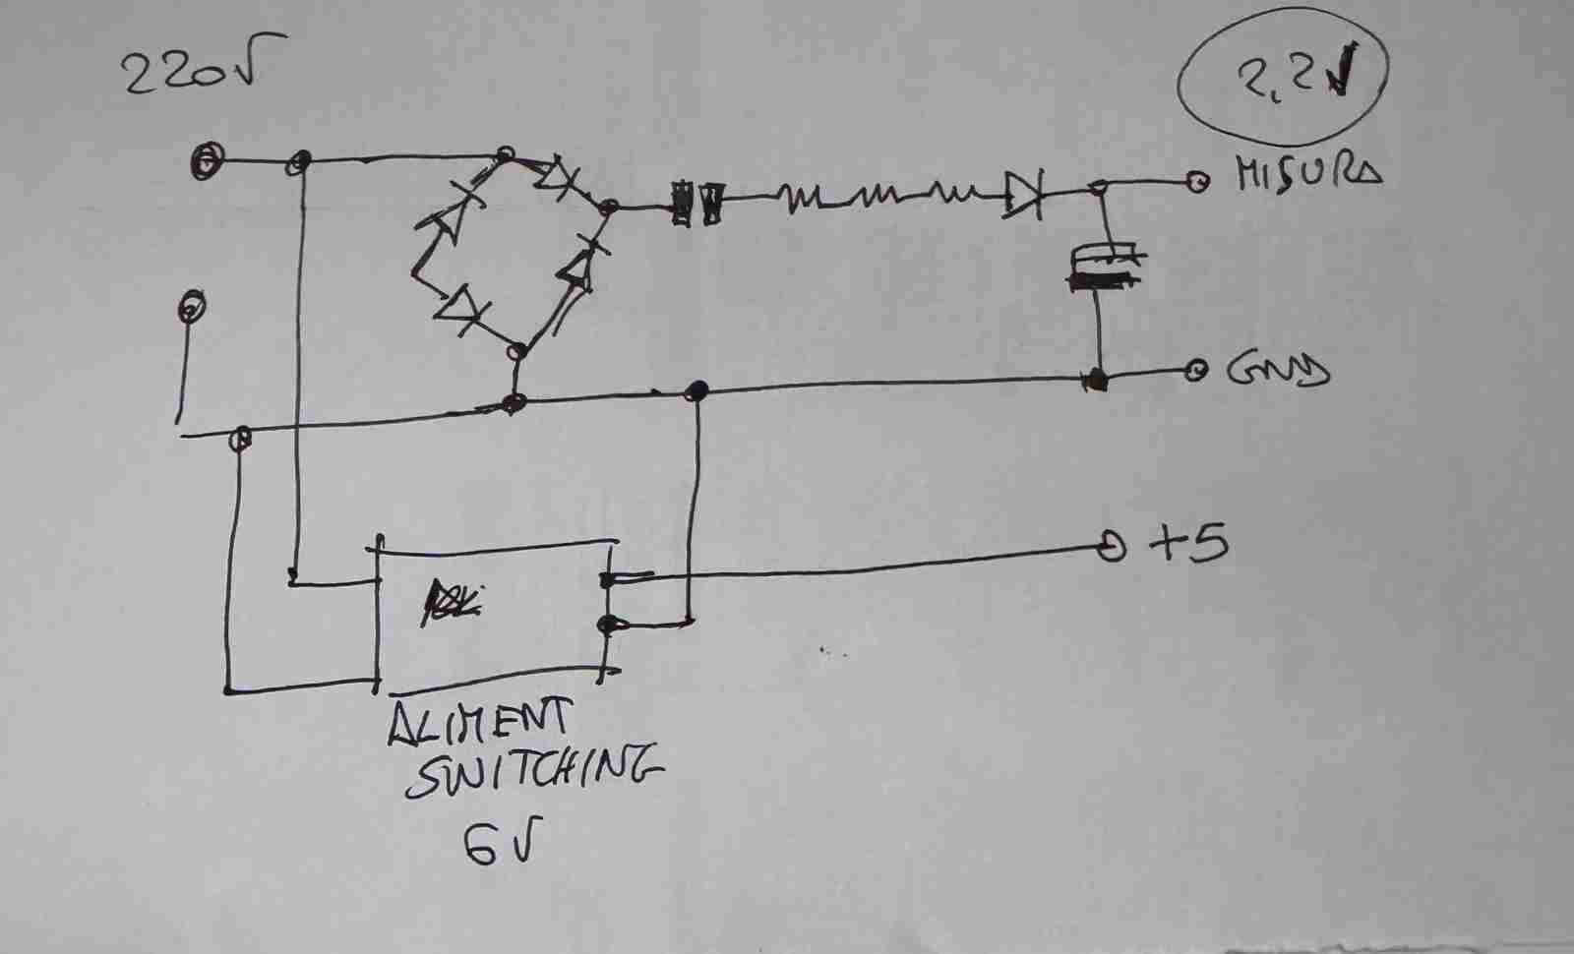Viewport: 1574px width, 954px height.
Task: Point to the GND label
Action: (1278, 371)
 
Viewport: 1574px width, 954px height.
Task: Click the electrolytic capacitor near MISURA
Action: (1104, 268)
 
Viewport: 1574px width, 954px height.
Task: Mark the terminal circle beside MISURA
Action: (1195, 181)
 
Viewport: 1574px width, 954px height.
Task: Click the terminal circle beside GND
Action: (1195, 371)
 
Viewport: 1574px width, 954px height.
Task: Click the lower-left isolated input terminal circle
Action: (191, 308)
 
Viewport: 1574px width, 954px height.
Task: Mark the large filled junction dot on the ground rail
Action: (697, 390)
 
